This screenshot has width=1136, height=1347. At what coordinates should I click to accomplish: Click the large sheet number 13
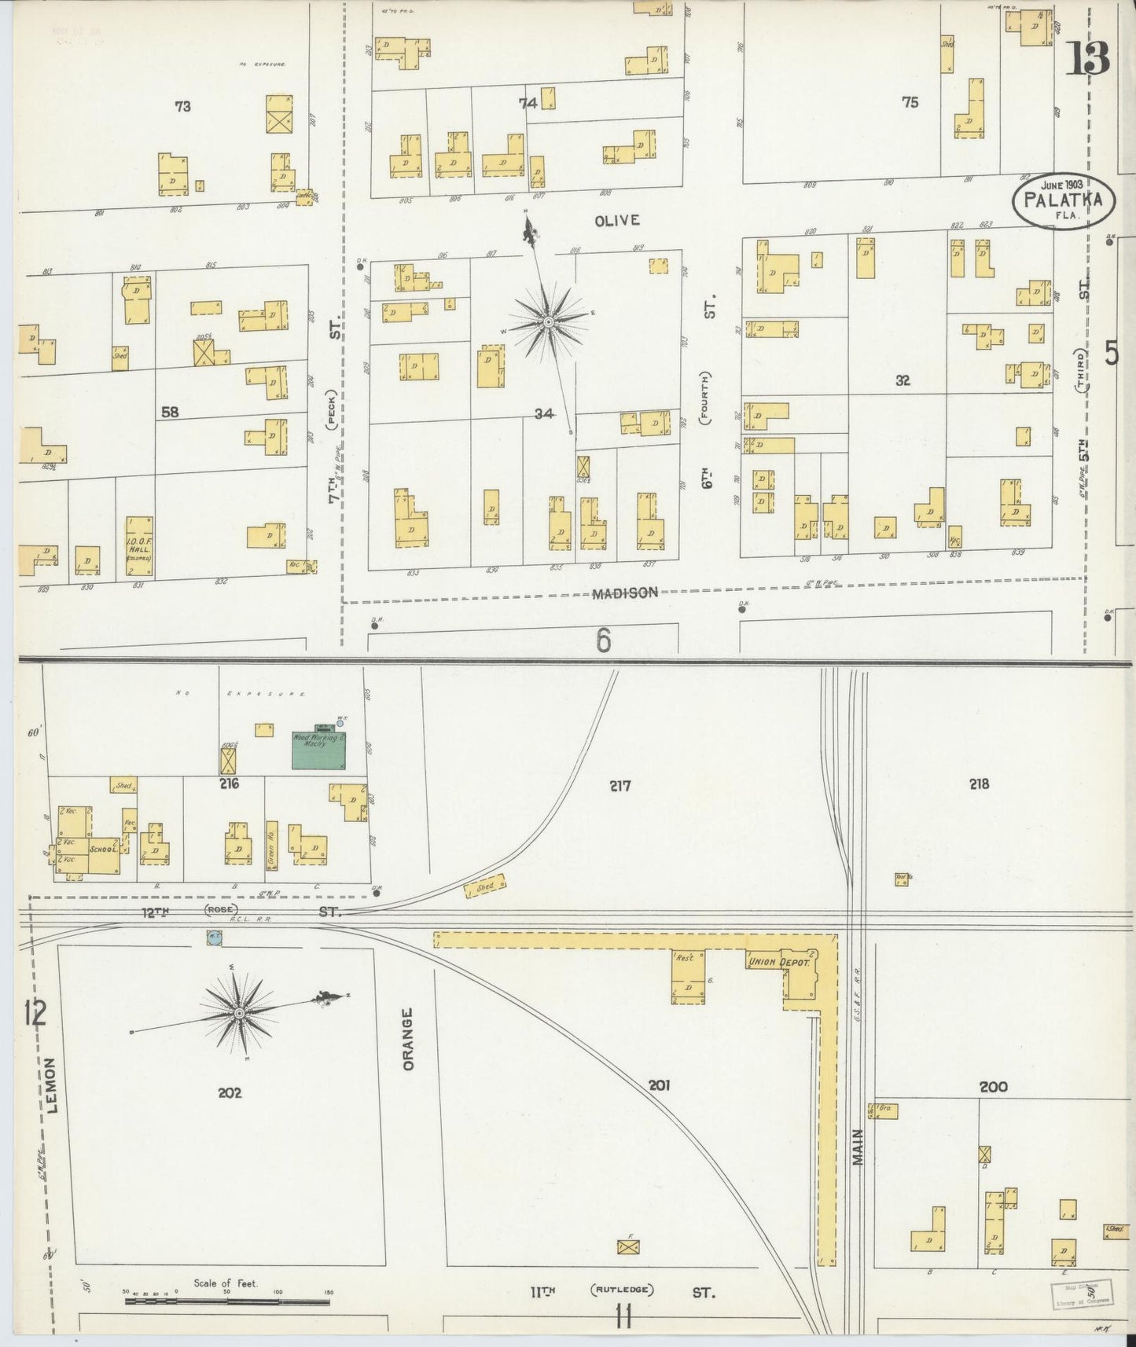tap(1087, 58)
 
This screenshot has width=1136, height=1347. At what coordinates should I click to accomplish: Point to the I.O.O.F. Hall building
tap(139, 546)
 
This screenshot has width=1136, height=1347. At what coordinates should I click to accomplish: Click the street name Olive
tap(616, 221)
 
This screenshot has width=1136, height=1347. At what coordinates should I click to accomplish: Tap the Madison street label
tap(625, 593)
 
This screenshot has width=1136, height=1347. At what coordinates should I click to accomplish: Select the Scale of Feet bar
tap(228, 1301)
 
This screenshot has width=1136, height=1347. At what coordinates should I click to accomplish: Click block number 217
tap(619, 785)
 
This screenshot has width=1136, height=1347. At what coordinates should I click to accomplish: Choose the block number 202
tap(230, 1092)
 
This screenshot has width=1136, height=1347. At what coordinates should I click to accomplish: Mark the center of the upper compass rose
tap(548, 321)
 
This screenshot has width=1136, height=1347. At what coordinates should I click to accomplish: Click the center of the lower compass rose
tap(238, 1013)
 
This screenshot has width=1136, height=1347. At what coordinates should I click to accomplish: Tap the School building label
tap(103, 850)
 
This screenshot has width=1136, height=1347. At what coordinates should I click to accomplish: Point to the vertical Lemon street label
tap(52, 1085)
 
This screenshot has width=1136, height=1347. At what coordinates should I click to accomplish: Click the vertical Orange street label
tap(407, 1038)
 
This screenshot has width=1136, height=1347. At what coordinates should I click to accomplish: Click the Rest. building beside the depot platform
tap(687, 977)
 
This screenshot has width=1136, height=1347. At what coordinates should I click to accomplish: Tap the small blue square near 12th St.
tap(213, 937)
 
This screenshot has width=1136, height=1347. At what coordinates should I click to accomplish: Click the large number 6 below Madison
tap(603, 641)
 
